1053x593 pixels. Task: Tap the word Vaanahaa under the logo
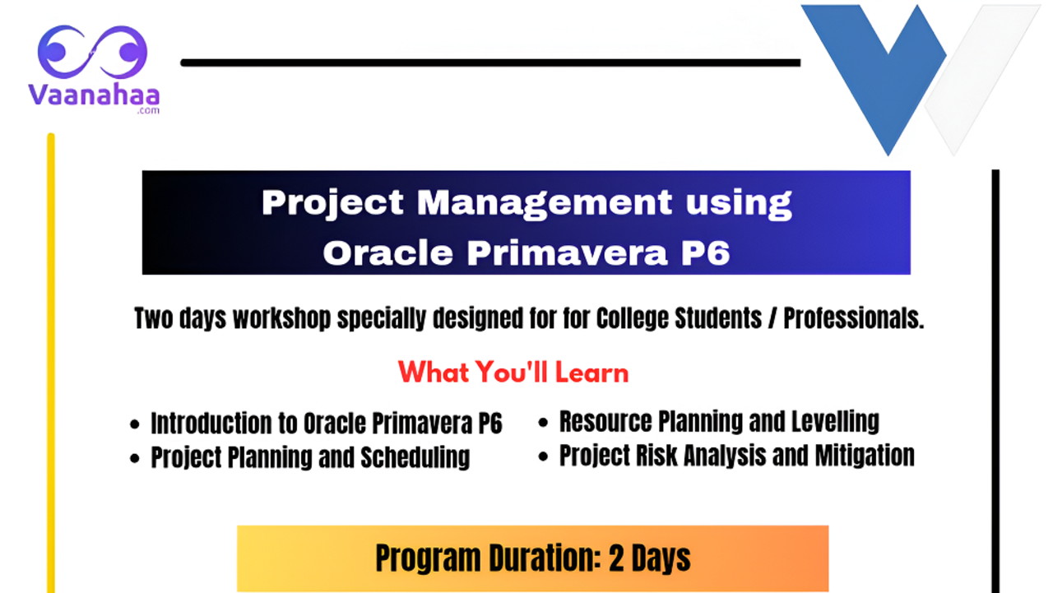tap(93, 94)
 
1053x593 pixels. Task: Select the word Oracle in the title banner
tap(388, 252)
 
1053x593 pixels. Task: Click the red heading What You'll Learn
tap(513, 373)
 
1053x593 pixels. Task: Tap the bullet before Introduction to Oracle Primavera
tap(136, 425)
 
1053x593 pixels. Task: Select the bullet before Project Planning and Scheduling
tap(136, 459)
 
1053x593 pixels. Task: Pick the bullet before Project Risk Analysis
tap(544, 456)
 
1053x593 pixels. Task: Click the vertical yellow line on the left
tap(51, 362)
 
